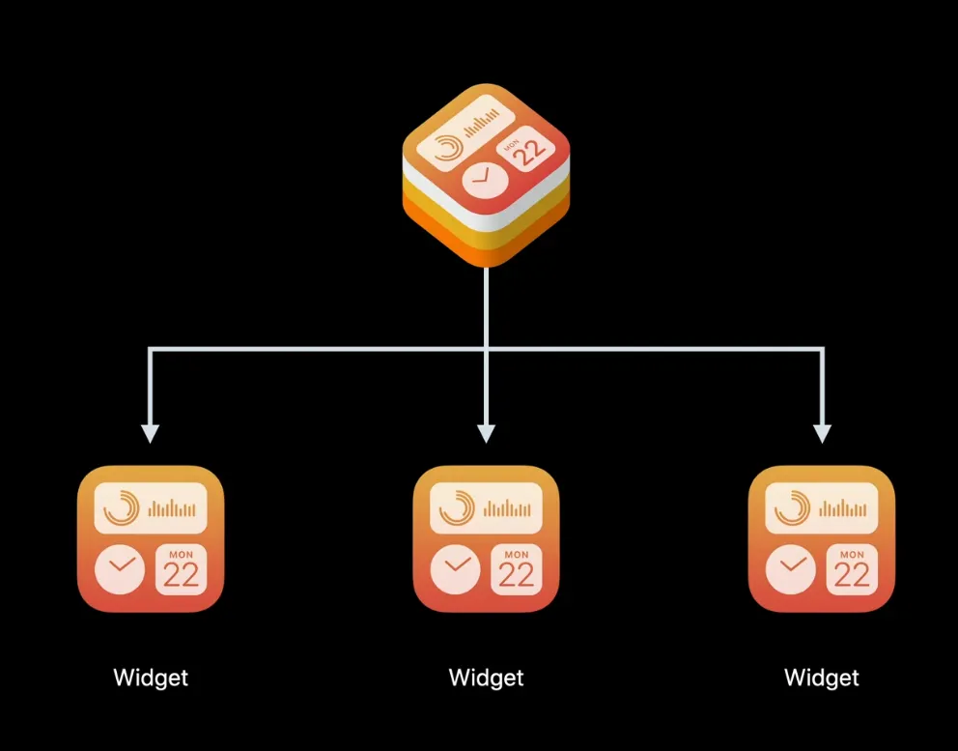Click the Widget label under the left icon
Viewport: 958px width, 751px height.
[x=151, y=678]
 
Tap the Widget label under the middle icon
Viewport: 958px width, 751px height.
[x=487, y=678]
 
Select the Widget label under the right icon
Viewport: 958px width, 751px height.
[x=822, y=678]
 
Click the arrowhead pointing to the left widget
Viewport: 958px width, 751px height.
[x=150, y=433]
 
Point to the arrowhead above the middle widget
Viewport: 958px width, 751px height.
[x=487, y=433]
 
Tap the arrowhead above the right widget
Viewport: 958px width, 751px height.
[x=822, y=433]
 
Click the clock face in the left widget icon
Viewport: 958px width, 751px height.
[x=120, y=569]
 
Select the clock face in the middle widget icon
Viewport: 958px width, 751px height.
[x=456, y=569]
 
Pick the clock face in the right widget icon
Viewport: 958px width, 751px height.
[x=791, y=569]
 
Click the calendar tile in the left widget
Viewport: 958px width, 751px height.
[x=181, y=569]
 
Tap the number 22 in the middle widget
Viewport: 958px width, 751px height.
[x=518, y=575]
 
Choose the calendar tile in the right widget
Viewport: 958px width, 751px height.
[x=853, y=569]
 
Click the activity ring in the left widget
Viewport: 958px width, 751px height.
[x=121, y=508]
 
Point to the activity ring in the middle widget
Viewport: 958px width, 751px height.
[x=457, y=508]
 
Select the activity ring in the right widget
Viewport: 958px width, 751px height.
[x=792, y=508]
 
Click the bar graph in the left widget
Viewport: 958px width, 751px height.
[x=176, y=508]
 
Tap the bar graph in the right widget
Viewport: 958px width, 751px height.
[x=847, y=508]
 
